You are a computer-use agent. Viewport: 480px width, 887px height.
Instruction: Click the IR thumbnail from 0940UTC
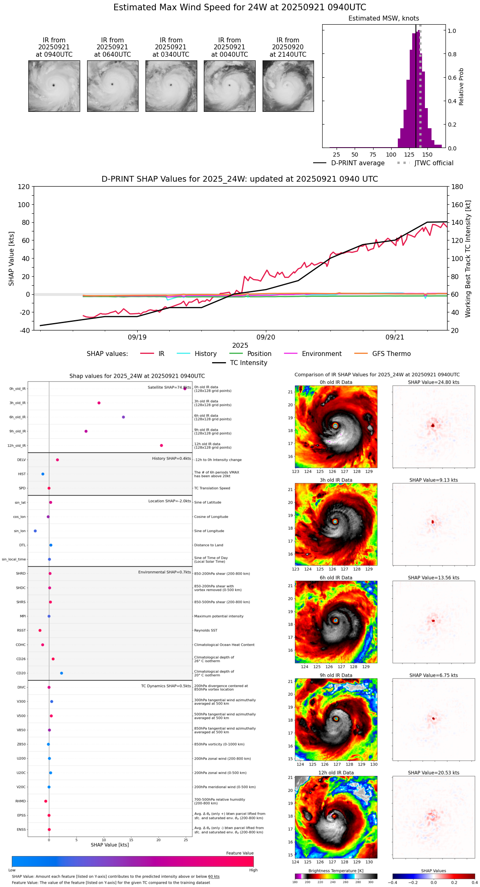click(54, 86)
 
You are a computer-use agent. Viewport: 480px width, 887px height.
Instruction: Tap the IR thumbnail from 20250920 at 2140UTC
click(288, 86)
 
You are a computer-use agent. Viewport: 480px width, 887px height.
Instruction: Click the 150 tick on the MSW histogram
click(427, 155)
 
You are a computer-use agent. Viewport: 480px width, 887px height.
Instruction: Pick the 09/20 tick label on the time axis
click(266, 337)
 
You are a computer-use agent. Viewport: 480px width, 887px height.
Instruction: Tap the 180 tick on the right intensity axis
click(457, 187)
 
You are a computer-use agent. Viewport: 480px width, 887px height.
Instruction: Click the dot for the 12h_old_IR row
click(162, 446)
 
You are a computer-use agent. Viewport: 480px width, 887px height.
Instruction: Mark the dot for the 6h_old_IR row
click(123, 417)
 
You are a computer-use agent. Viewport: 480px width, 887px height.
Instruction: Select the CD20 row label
click(21, 673)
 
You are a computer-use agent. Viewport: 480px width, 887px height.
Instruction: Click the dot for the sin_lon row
click(35, 531)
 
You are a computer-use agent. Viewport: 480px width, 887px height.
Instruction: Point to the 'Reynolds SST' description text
click(205, 631)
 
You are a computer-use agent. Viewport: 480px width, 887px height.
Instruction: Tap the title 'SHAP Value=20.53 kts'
click(434, 773)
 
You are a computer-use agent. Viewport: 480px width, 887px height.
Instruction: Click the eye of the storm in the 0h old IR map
click(335, 426)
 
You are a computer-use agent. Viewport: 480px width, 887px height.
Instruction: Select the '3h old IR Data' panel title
click(336, 480)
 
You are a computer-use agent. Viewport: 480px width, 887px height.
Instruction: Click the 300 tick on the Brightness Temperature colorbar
click(371, 882)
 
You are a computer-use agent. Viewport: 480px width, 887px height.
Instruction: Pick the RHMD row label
click(21, 801)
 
